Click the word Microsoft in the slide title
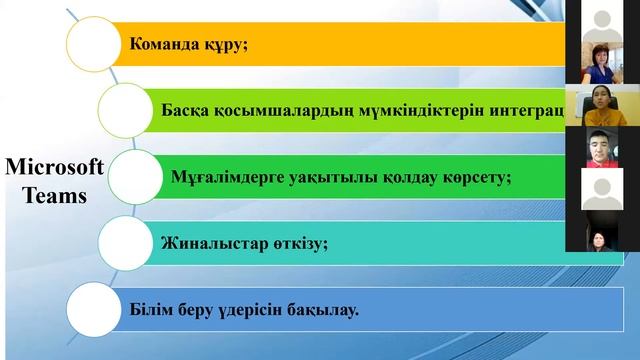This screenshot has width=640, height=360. click(54, 168)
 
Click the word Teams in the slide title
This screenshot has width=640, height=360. click(56, 196)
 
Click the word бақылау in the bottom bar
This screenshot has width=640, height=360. click(319, 308)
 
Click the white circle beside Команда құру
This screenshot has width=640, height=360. click(94, 44)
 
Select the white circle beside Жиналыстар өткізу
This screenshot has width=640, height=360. click(129, 242)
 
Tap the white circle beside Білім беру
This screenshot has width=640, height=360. click(96, 308)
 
